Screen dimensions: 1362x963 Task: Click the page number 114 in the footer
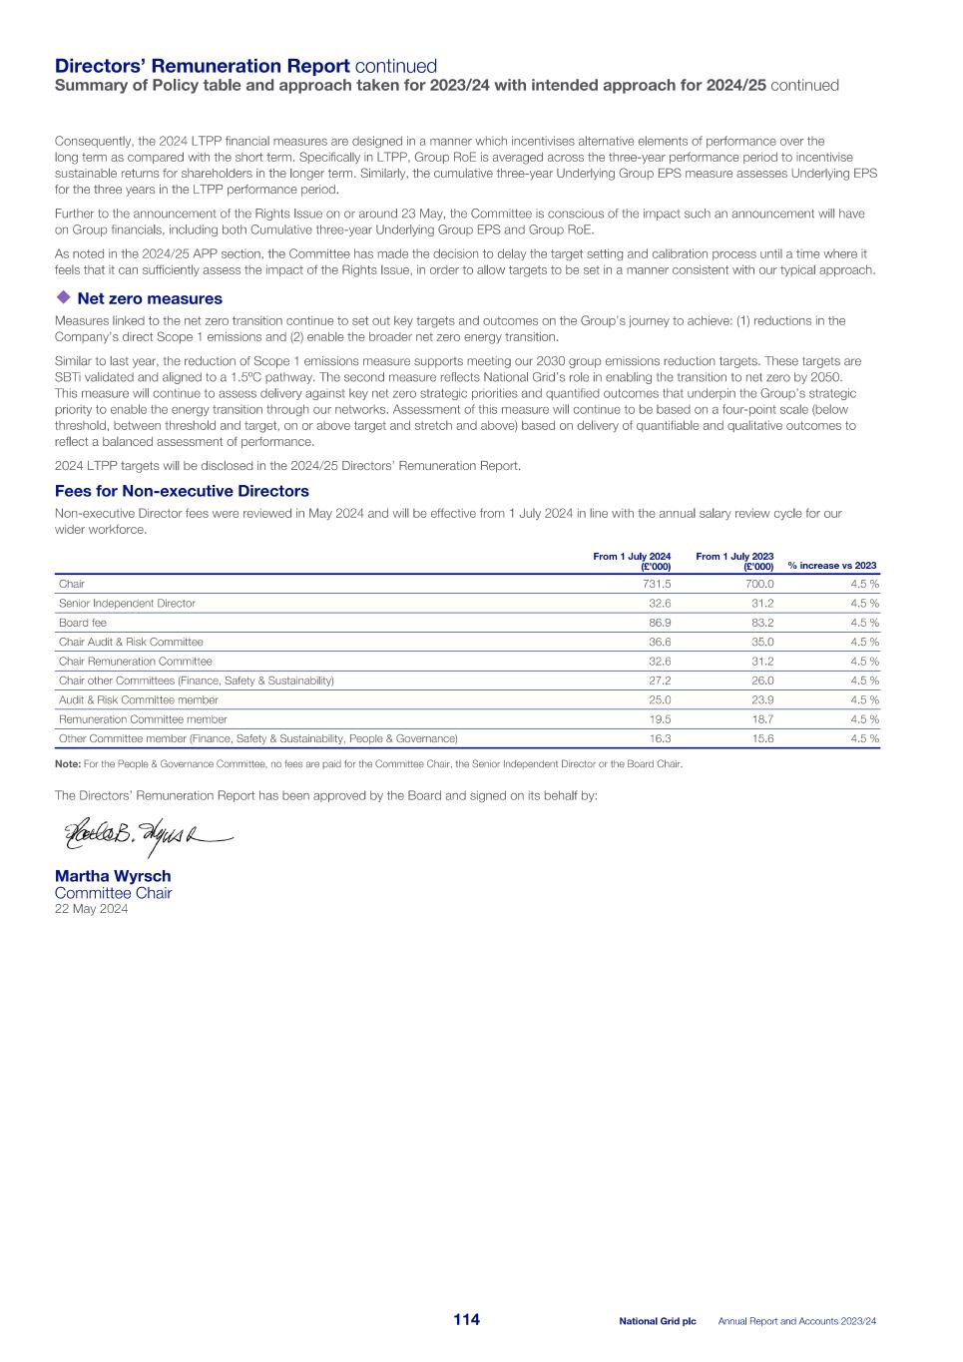coord(466,1319)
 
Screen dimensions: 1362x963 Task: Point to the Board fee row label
coord(83,623)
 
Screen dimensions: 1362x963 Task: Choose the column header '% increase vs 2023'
coord(832,566)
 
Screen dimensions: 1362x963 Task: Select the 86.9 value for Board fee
coord(660,623)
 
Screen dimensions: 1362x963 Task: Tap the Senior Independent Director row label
coord(127,604)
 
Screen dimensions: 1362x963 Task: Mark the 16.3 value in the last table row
coord(660,738)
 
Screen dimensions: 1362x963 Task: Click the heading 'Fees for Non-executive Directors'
coord(182,491)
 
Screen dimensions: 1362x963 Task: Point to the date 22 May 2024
coord(91,909)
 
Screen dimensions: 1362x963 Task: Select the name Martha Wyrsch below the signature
coord(113,876)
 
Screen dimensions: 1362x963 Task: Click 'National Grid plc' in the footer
coord(657,1321)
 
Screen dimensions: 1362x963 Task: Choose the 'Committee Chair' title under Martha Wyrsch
coord(113,893)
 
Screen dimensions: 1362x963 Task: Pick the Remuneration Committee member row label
coord(143,719)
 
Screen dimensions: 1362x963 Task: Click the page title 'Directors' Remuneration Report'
coord(202,66)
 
